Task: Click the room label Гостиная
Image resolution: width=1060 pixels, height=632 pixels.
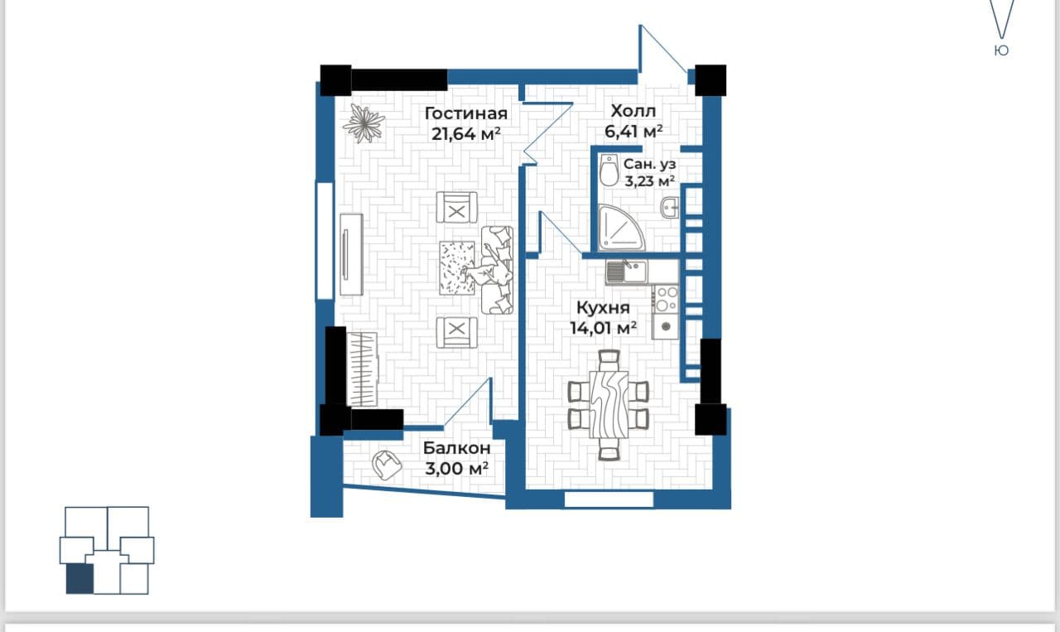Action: (466, 113)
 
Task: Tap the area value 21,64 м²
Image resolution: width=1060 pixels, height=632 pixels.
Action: (466, 134)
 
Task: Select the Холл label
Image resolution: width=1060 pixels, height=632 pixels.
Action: (634, 111)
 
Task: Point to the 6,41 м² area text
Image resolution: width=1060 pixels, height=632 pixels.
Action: (634, 131)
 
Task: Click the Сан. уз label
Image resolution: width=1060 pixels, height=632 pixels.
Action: (650, 164)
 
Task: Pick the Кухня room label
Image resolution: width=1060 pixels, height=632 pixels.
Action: (604, 307)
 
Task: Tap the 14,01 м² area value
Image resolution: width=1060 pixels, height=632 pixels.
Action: (604, 328)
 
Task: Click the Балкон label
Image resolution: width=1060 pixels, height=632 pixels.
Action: (456, 448)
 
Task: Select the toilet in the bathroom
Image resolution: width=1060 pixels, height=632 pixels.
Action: (609, 171)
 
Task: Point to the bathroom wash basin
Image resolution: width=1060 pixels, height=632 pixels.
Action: (670, 208)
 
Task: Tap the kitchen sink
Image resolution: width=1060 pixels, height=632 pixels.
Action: (626, 273)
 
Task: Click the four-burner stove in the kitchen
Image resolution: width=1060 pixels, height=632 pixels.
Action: (665, 299)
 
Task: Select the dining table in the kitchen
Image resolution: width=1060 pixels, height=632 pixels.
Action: (609, 405)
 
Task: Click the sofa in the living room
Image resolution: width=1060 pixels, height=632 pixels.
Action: (498, 270)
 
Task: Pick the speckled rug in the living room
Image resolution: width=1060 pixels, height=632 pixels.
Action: (457, 268)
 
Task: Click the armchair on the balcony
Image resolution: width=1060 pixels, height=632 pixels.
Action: (387, 465)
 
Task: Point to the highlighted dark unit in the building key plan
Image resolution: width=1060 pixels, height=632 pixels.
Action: (79, 578)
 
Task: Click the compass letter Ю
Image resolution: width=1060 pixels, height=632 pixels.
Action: (1001, 51)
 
